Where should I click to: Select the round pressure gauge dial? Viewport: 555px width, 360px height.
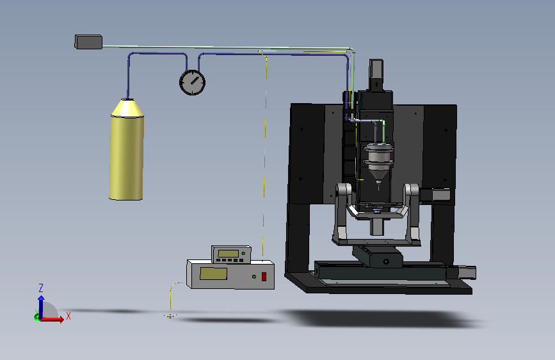192,83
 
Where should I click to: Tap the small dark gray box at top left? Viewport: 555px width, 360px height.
88,42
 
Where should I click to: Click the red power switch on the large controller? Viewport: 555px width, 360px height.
264,276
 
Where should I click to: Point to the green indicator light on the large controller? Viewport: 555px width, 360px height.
254,276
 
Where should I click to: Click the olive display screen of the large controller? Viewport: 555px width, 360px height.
213,274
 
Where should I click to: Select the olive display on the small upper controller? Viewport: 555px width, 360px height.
229,254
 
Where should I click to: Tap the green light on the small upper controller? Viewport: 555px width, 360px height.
243,253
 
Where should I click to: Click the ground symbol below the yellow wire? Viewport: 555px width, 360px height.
170,316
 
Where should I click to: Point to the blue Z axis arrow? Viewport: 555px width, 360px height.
41,307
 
